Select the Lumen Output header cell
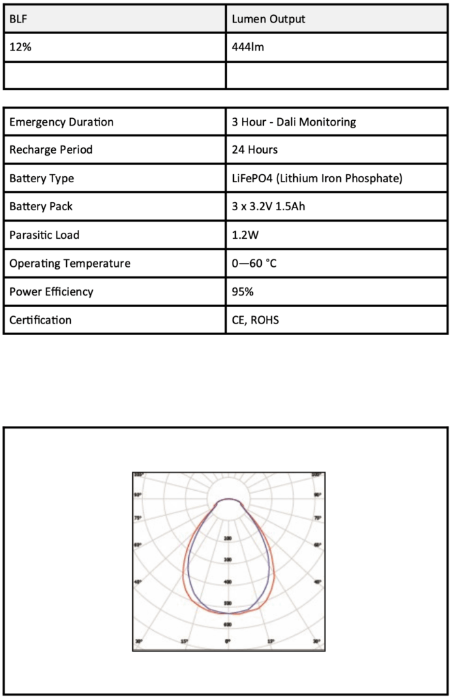pos(269,19)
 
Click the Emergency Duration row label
pos(61,122)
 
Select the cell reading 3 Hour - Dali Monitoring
pos(294,122)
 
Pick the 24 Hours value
pos(255,150)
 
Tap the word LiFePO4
pos(253,179)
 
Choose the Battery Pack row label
pos(41,207)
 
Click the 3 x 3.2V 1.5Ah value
pos(269,207)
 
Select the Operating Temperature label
pos(70,263)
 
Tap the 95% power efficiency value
pos(243,292)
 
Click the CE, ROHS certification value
pos(256,320)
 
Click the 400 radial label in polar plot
pos(228,582)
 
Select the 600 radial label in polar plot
pos(228,625)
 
